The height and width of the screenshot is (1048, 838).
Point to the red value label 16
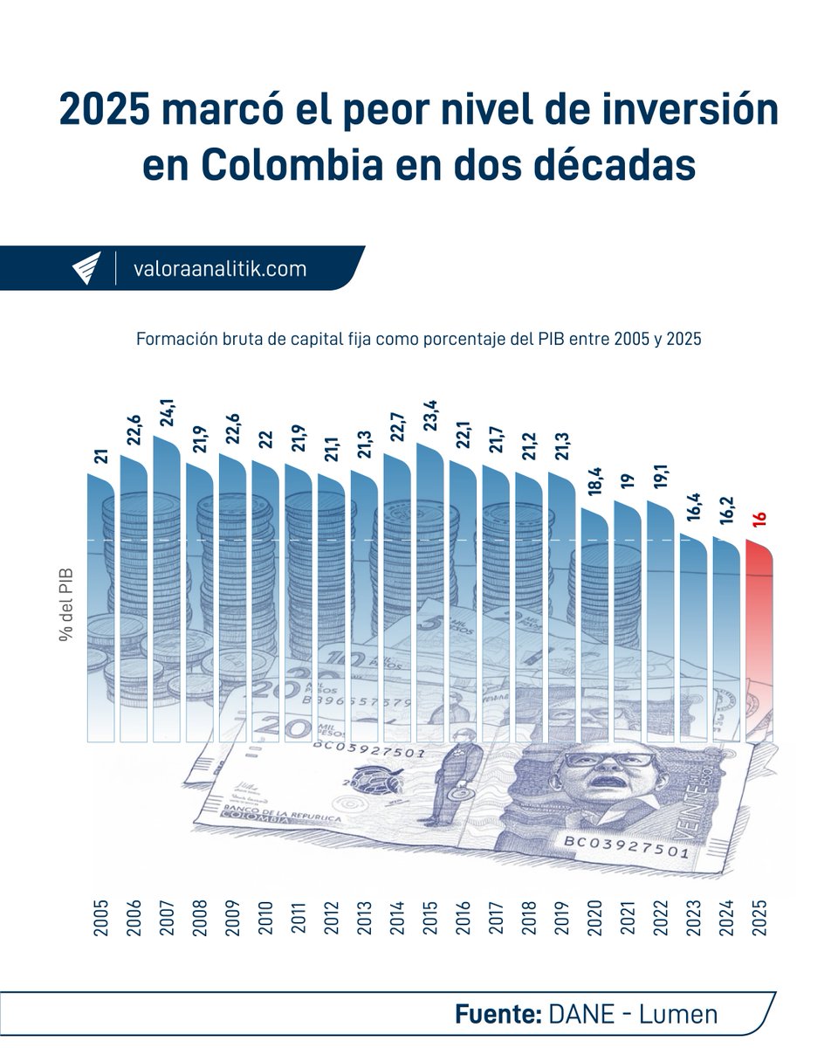tap(760, 519)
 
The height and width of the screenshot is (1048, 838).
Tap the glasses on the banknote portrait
tap(608, 760)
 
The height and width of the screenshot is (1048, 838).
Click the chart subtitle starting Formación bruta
tap(419, 341)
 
